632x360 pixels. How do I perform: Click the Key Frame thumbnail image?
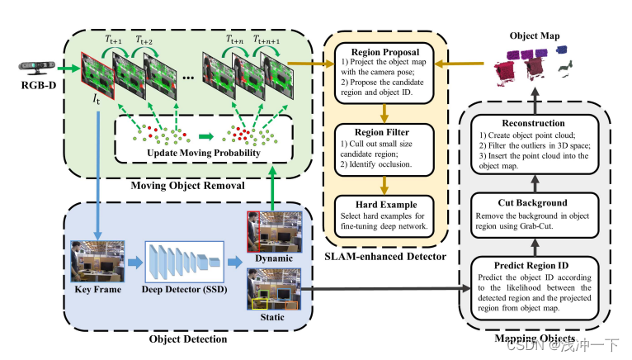coord(97,263)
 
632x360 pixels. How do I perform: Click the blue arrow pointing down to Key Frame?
coord(97,165)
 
